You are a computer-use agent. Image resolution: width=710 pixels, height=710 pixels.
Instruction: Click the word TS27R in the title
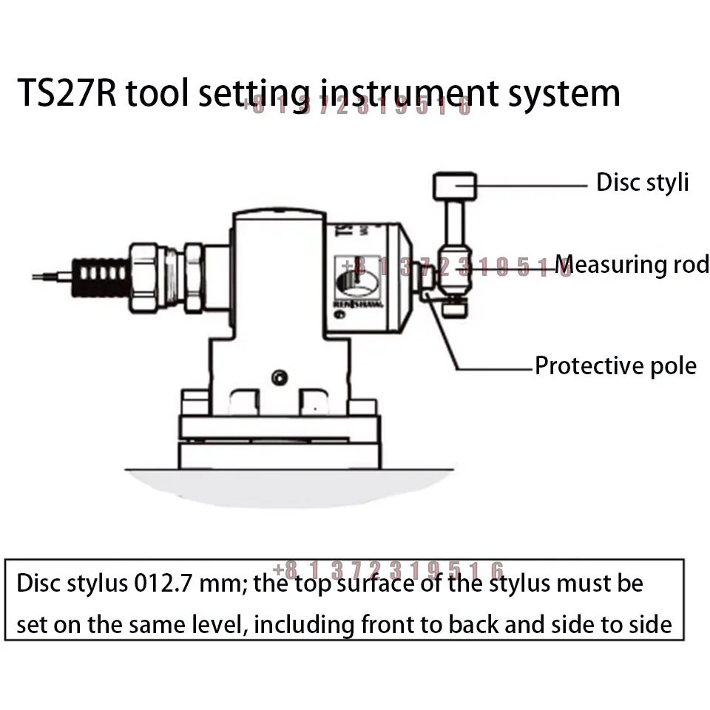pyautogui.click(x=67, y=95)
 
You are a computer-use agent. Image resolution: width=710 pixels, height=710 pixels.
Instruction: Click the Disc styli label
pyautogui.click(x=642, y=182)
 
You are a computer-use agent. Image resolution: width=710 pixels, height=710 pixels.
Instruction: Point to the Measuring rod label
pyautogui.click(x=632, y=264)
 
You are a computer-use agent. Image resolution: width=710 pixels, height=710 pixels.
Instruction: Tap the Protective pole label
pyautogui.click(x=615, y=366)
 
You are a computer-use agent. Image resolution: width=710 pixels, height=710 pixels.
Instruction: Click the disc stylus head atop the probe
pyautogui.click(x=455, y=186)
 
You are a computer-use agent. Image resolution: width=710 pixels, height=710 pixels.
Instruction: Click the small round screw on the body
pyautogui.click(x=279, y=377)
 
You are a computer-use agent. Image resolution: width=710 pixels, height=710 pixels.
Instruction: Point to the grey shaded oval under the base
pyautogui.click(x=288, y=484)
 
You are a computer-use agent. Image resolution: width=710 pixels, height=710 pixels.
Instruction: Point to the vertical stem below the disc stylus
pyautogui.click(x=453, y=226)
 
